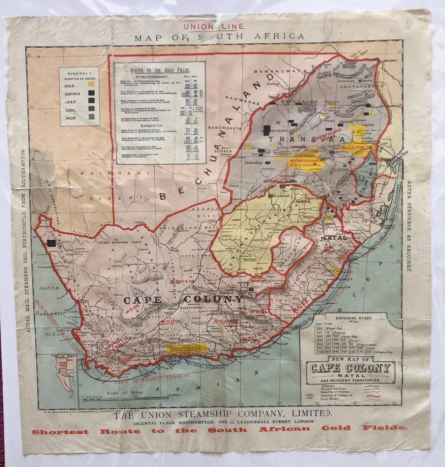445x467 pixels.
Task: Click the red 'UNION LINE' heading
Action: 214,27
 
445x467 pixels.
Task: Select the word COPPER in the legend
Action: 72,94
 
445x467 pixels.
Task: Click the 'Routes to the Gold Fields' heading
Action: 160,70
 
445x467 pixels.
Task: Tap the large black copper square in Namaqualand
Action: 51,243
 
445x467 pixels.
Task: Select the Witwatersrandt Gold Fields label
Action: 306,163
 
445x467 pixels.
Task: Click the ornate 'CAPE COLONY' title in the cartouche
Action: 350,368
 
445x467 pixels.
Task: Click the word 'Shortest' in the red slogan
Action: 60,432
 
